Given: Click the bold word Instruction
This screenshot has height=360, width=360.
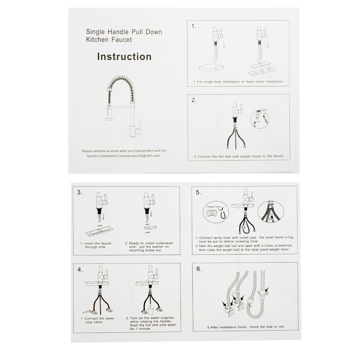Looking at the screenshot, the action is tap(124, 57).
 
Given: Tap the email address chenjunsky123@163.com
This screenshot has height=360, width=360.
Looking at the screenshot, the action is tap(139, 156).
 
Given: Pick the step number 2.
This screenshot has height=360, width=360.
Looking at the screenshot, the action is tap(194, 100).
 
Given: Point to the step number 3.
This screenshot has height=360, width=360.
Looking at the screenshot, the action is tap(80, 192).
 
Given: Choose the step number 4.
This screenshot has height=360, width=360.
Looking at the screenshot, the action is tap(80, 270).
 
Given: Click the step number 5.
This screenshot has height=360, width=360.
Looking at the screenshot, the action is tap(199, 192).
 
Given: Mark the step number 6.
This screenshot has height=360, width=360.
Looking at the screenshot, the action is tap(199, 269).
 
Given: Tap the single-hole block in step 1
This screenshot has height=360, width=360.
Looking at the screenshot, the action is tap(211, 68).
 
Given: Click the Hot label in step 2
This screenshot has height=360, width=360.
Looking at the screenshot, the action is tap(258, 122).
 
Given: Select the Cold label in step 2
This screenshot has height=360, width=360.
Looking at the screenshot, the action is tap(265, 110).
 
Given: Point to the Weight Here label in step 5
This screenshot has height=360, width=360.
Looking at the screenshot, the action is tap(214, 207).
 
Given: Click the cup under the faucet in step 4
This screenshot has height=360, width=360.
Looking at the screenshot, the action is tap(151, 311).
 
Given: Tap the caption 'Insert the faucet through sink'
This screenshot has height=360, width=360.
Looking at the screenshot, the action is tap(96, 245).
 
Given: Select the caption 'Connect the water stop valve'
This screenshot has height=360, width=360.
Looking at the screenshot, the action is tap(98, 320).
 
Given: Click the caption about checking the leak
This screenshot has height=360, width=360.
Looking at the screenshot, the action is tap(246, 327).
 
